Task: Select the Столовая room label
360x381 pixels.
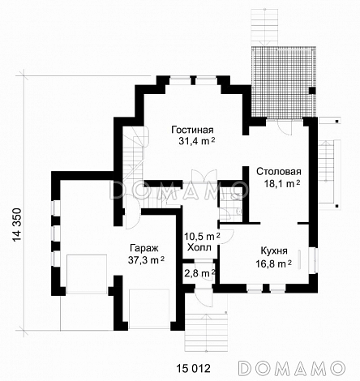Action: (278, 172)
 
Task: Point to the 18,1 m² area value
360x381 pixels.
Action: (278, 184)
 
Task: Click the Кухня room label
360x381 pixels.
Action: (275, 251)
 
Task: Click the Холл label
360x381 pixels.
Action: (199, 247)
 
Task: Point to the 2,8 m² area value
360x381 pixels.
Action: (199, 274)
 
